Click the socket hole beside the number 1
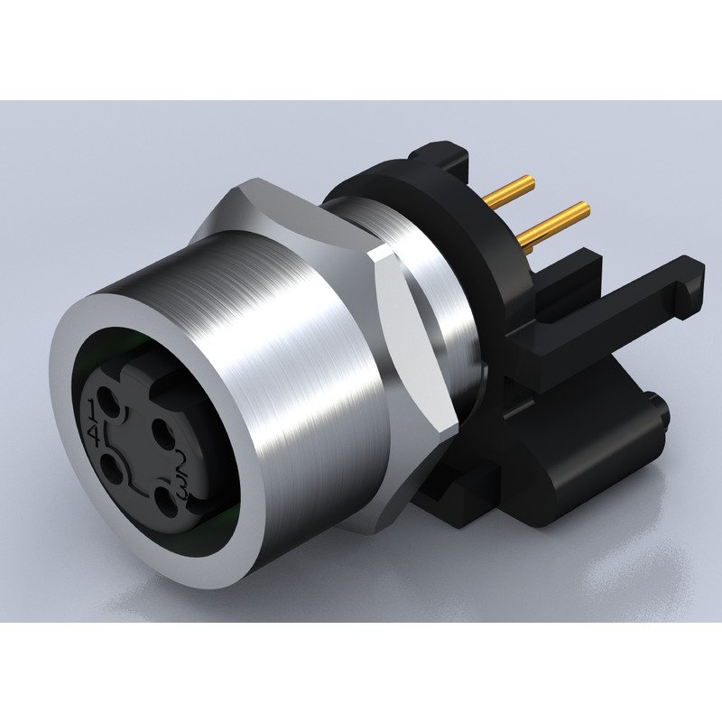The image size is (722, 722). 109,401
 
